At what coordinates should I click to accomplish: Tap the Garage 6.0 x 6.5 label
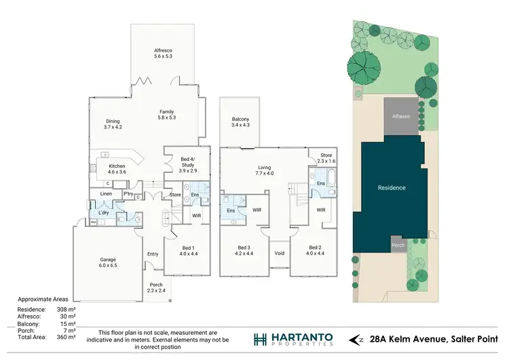point(108,262)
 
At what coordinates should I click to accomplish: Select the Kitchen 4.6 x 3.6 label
point(117,169)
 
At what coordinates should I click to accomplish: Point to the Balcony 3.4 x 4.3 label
point(240,122)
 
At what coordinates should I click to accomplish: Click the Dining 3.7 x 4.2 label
point(112,124)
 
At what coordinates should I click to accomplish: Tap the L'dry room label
point(104,213)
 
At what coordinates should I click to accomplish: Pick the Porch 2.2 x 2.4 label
point(156,287)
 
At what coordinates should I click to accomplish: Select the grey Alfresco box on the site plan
point(400,117)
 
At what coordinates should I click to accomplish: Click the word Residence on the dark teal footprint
point(392,187)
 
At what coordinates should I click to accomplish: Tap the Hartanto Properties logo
point(293,339)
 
